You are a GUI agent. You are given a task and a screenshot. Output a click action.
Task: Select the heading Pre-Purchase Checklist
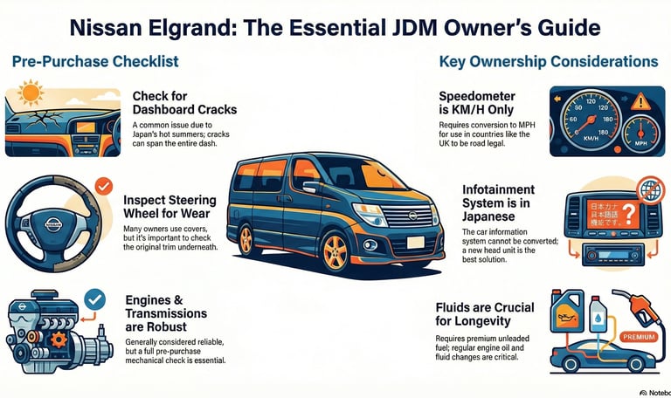point(95,62)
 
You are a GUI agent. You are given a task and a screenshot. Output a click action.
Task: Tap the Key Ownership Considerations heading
point(549,62)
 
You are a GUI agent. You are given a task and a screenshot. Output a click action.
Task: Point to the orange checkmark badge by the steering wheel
point(102,186)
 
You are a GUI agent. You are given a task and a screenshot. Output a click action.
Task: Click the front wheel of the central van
point(336,251)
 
